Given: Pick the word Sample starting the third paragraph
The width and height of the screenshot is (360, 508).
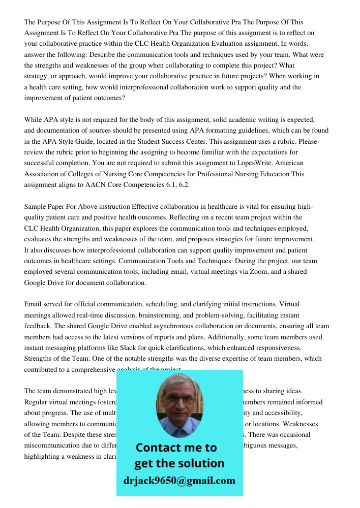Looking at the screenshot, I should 36,207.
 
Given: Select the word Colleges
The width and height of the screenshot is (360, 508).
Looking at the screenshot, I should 81,174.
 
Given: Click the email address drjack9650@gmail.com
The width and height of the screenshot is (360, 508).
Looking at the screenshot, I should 179,481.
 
